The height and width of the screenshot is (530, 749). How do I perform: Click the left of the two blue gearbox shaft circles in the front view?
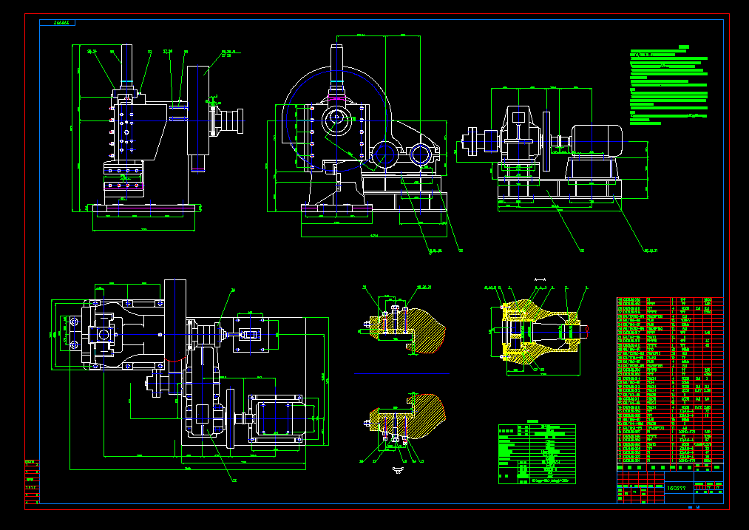pyautogui.click(x=384, y=154)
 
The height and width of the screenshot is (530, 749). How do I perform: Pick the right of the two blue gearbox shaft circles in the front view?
pyautogui.click(x=420, y=154)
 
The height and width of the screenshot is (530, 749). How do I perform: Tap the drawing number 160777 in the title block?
pyautogui.click(x=676, y=489)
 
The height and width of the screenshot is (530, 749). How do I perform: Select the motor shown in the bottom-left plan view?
pyautogui.click(x=277, y=418)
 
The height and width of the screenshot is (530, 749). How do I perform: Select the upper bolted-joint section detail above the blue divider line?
pyautogui.click(x=403, y=325)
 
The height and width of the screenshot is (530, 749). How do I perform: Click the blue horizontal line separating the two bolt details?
pyautogui.click(x=401, y=375)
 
